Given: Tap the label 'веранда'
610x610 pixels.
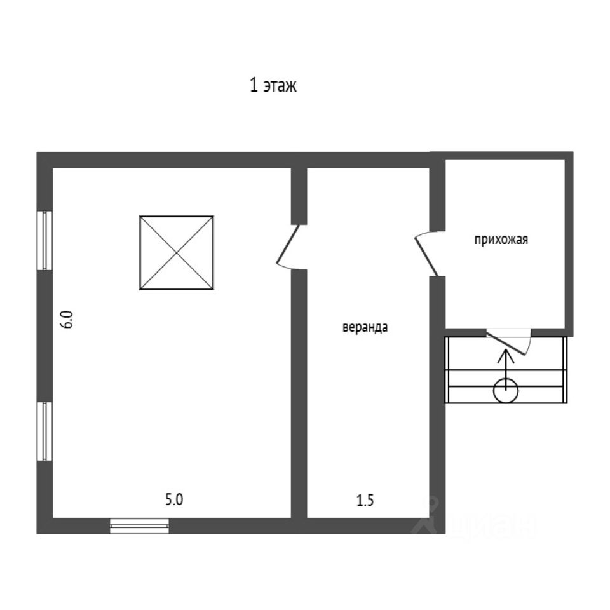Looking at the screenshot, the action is pos(365,328).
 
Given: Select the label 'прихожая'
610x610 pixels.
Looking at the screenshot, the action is pos(500,240).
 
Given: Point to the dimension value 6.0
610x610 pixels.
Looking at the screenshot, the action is pos(68,318).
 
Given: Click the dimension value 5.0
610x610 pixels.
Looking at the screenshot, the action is pos(174,499).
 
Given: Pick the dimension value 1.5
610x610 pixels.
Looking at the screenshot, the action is pos(365,499).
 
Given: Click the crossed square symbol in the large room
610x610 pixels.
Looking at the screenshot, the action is pos(176,253).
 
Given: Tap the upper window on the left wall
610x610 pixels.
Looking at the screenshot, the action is pos(44,240).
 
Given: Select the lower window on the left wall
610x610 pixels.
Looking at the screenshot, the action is pos(44,430).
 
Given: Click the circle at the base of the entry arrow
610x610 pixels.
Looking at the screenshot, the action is pos(506,390).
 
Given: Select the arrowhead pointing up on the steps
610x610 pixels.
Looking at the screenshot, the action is pos(506,353).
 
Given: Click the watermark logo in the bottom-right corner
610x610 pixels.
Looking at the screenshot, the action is pos(477,518).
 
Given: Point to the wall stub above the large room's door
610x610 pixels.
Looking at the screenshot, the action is pos(299,195).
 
